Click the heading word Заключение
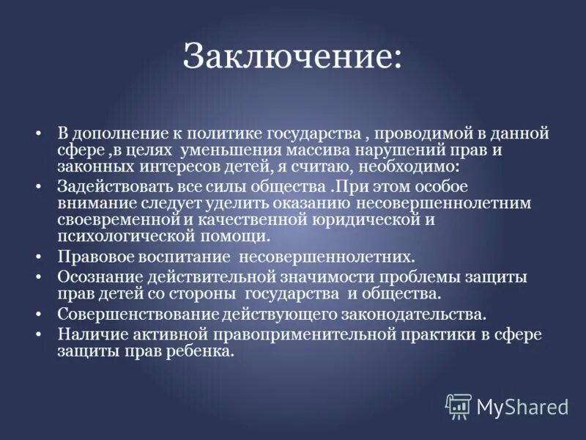click(292, 56)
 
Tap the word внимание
click(93, 203)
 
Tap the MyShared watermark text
click(522, 406)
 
